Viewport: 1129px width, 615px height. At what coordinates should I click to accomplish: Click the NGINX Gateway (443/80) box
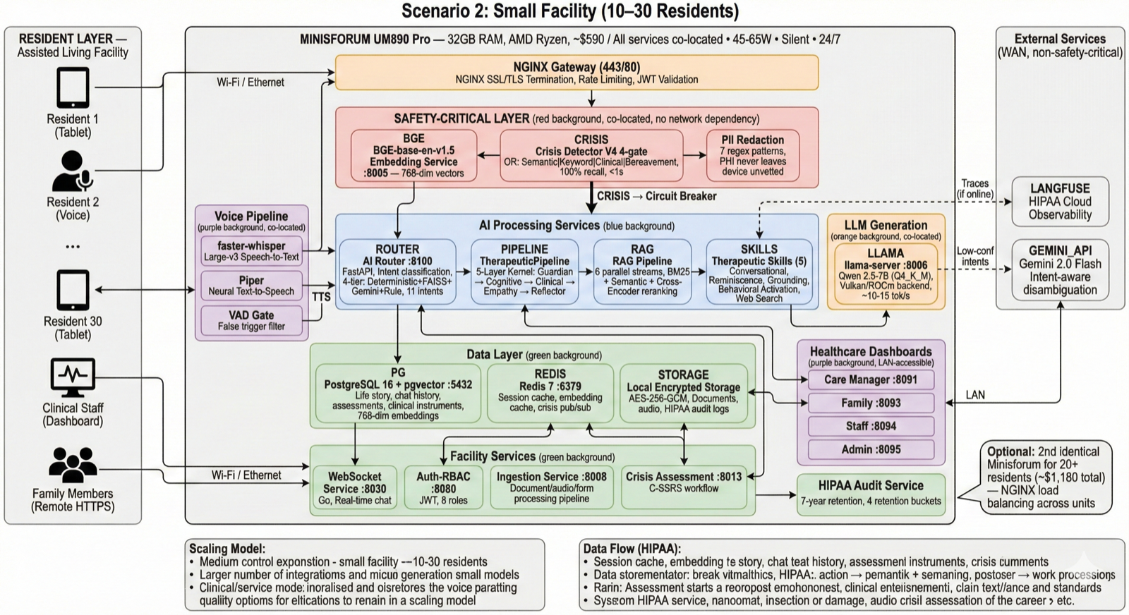[576, 73]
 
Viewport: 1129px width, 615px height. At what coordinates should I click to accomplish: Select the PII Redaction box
[752, 155]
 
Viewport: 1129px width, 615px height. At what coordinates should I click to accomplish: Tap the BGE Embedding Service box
[413, 156]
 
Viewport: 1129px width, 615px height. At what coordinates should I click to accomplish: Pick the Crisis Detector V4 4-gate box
[591, 156]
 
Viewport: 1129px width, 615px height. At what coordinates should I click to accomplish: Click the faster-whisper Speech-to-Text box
[251, 251]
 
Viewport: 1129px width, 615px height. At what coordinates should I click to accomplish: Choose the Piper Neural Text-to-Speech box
[251, 285]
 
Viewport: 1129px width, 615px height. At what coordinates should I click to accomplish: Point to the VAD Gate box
[251, 320]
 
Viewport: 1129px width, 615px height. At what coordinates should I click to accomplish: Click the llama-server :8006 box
[886, 274]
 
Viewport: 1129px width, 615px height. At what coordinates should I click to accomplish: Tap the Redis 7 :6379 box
[550, 393]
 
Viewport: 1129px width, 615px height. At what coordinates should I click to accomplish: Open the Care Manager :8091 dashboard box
[871, 379]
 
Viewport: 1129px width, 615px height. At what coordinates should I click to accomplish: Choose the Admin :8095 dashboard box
[871, 449]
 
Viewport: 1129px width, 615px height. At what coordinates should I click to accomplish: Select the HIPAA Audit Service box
[871, 492]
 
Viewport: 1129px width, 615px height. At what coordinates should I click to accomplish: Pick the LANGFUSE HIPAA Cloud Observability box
[1060, 202]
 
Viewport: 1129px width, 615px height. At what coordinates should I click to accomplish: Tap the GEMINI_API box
[1060, 269]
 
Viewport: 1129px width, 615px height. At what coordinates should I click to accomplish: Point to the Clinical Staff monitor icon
[73, 378]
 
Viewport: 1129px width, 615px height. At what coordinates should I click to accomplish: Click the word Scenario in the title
[435, 11]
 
